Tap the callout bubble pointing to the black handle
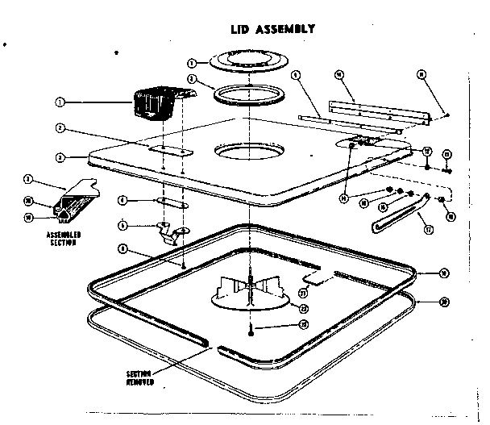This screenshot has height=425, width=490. [x=60, y=102]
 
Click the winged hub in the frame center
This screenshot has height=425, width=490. [x=251, y=286]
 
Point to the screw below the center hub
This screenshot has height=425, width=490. [x=252, y=326]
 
